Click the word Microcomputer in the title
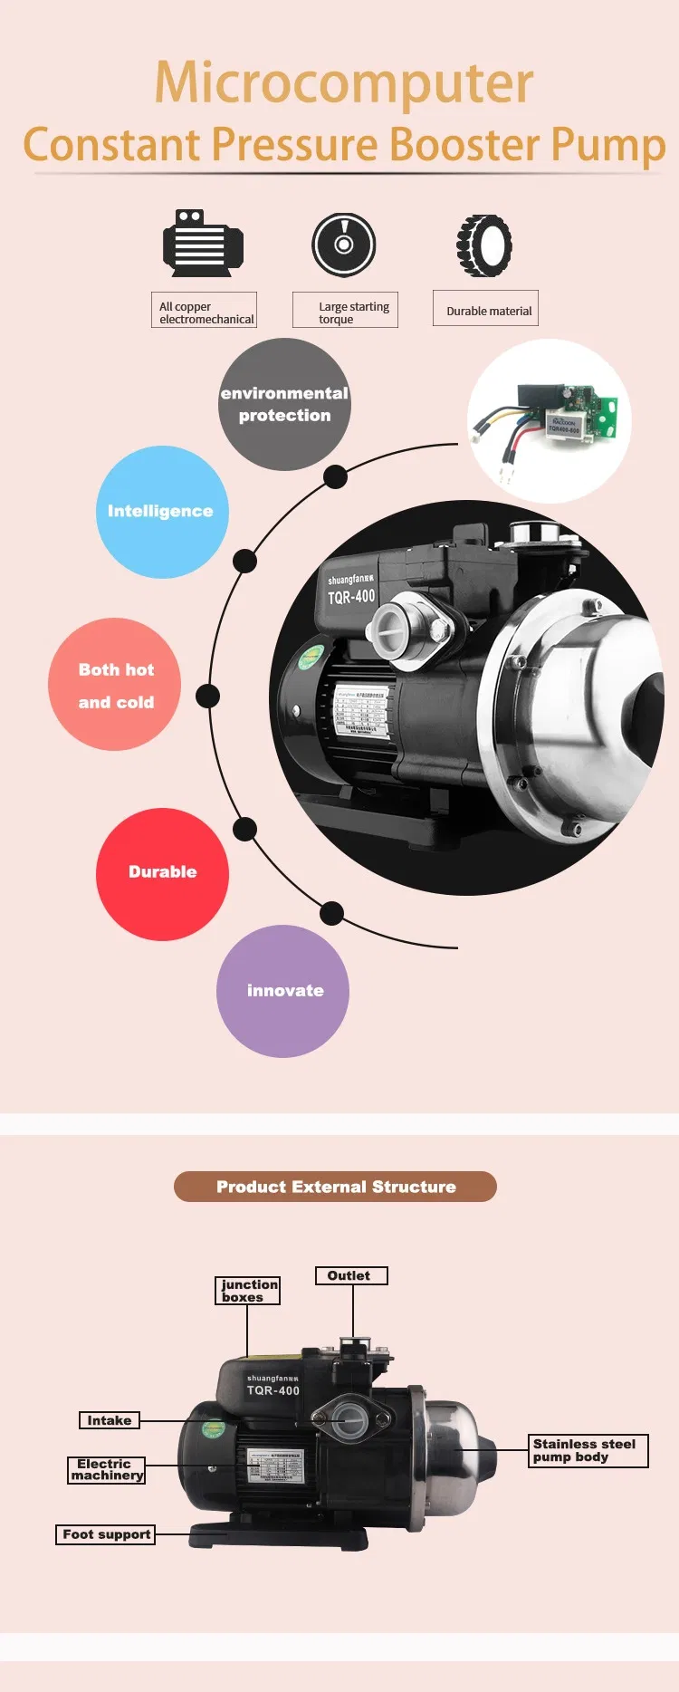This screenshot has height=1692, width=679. point(344,82)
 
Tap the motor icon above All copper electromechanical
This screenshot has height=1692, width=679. point(203,243)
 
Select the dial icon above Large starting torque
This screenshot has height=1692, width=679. point(344,245)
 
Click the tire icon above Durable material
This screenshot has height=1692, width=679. point(484,245)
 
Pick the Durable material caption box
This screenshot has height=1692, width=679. point(486,309)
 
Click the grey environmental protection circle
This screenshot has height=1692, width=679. point(284,404)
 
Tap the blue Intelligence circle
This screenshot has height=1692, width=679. point(162,512)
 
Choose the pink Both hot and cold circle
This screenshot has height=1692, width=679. point(115,685)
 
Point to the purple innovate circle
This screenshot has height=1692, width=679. point(282,991)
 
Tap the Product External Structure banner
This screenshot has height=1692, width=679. point(335,1187)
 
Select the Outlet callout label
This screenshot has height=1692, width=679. point(351,1275)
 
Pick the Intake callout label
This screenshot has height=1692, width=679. point(110,1420)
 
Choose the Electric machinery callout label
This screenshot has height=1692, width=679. point(106,1469)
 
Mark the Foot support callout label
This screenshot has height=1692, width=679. point(106,1534)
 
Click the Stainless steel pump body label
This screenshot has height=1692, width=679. point(588,1450)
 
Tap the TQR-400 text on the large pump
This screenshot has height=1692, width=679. point(351,597)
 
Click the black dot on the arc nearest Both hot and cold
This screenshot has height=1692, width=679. point(208,696)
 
